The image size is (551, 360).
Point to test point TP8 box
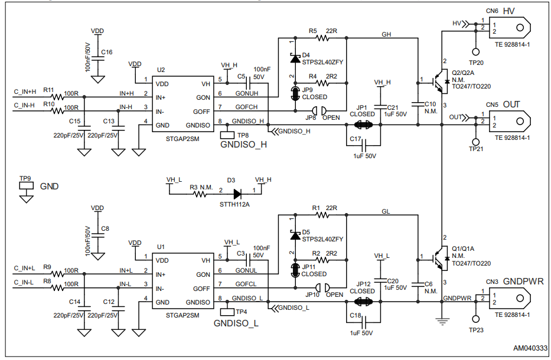pos(226,135)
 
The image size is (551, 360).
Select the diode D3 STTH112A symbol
pos(237,193)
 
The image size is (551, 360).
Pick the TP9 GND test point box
pos(25,185)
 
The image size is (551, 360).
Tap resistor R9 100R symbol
pos(57,274)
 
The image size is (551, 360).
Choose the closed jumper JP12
pos(361,301)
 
